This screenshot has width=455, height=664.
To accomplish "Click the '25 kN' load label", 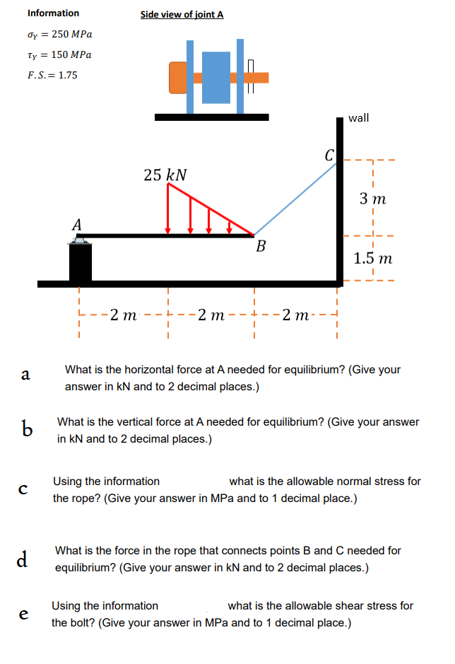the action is (165, 175).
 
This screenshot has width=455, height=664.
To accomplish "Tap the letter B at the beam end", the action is (261, 247).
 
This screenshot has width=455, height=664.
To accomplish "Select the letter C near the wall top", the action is (328, 154).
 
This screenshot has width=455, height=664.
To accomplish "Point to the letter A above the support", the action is (77, 225).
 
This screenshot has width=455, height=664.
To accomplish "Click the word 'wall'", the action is (358, 117).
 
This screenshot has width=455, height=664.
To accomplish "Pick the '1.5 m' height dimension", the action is (372, 258).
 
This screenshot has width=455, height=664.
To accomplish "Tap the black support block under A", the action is (81, 264).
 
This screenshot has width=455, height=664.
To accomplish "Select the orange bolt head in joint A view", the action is (177, 78).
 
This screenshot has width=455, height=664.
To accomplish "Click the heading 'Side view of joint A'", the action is (182, 14).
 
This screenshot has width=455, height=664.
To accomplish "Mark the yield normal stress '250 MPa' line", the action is (59, 34).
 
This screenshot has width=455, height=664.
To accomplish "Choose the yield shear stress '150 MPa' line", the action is (59, 54).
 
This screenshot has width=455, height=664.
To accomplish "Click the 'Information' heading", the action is (53, 13).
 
